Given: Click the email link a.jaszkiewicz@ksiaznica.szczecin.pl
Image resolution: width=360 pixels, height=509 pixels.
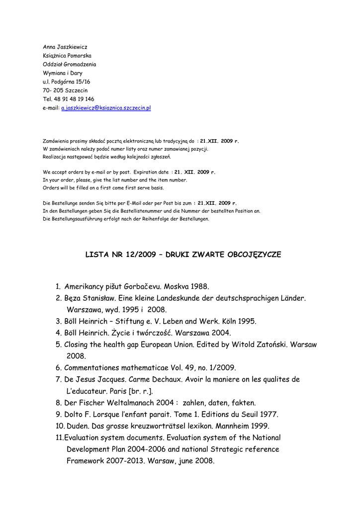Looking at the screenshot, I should (106, 108).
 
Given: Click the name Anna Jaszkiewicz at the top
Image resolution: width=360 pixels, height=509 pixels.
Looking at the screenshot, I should (65, 47).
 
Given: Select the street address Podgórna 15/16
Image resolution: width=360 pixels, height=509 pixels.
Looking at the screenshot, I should (71, 82).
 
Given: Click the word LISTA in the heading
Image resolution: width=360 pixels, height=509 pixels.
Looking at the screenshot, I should (97, 254).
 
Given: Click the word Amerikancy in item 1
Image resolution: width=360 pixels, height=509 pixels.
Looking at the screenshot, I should (84, 287).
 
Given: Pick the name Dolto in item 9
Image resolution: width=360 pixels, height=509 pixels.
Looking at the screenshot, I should (75, 414).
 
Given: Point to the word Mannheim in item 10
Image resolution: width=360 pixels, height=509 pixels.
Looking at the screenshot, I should (230, 426).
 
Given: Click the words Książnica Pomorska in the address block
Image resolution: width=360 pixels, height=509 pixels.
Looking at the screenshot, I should (67, 56).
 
